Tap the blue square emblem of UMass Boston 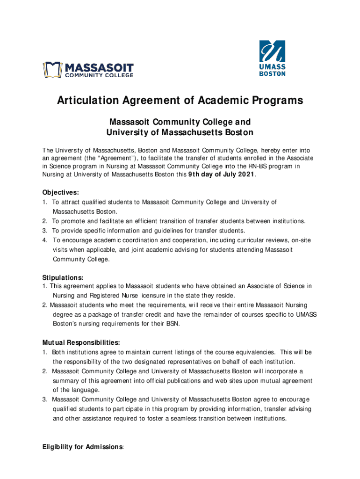(x=272, y=51)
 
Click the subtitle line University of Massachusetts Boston (x=180, y=132)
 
